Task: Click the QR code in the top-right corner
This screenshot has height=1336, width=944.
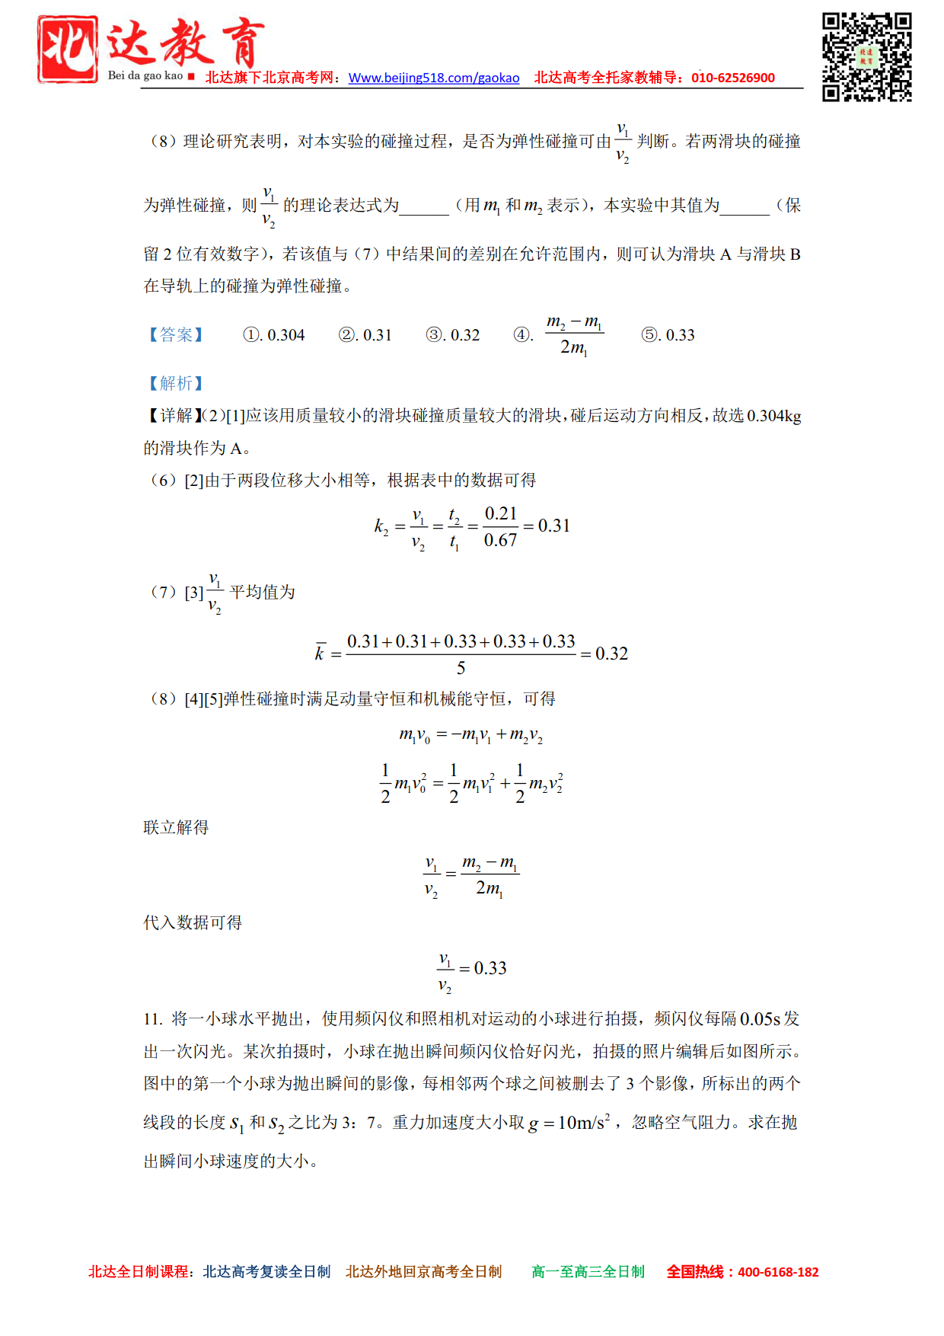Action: pos(866,56)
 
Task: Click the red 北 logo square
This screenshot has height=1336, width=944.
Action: pos(68,49)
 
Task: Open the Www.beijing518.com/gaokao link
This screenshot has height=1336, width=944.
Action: pos(434,78)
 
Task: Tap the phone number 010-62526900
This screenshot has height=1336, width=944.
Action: pos(732,78)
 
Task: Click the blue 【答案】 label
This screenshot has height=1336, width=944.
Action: pos(176,335)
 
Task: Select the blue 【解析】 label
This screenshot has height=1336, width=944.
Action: pos(176,383)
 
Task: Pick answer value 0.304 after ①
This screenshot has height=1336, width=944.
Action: pos(286,335)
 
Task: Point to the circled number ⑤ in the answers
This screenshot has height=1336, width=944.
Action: pos(649,335)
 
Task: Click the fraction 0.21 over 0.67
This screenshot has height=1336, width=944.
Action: pos(500,526)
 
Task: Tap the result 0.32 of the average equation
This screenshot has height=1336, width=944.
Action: pos(611,654)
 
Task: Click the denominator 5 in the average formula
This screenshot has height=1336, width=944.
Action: pos(461,668)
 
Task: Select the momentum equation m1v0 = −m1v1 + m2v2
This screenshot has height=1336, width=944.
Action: pos(471,735)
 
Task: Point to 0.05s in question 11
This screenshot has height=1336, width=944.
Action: pos(760,1019)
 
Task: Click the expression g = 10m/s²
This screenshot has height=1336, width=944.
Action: pos(569,1123)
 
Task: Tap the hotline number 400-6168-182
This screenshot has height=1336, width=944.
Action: pos(778,1271)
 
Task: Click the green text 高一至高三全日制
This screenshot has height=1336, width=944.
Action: pos(588,1271)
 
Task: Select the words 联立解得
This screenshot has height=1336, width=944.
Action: pos(176,827)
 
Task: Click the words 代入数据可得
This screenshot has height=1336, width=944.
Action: pos(193,922)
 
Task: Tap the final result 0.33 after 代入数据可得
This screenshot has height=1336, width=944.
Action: pos(490,968)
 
